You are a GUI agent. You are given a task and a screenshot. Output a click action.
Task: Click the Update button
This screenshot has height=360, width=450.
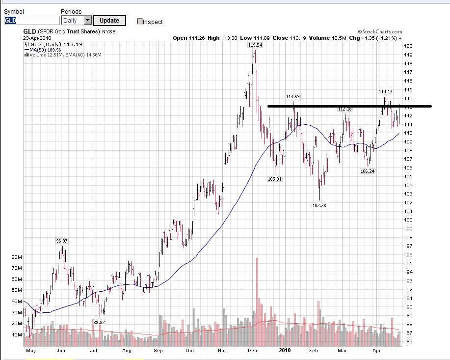(109, 21)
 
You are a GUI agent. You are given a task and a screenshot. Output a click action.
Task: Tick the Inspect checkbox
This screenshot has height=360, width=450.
(140, 22)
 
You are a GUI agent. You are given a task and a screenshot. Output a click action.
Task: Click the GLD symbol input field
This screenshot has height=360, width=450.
(31, 21)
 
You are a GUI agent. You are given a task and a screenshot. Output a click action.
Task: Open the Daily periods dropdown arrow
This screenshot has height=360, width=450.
(88, 21)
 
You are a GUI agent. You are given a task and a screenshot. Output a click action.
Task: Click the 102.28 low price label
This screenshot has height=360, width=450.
(319, 205)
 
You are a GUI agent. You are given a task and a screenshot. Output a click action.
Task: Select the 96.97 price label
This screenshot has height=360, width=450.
(62, 241)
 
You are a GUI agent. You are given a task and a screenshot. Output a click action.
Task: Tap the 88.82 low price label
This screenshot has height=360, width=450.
(99, 322)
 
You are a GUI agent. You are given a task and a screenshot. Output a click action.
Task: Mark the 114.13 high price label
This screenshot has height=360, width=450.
(385, 91)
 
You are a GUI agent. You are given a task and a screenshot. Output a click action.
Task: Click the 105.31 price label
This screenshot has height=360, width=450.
(274, 179)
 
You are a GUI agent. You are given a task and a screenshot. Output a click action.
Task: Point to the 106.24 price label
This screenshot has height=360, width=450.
(368, 171)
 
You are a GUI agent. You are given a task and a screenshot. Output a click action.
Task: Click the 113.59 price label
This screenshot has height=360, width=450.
(293, 96)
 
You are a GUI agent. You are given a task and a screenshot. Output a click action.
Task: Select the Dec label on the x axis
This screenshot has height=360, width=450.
(252, 351)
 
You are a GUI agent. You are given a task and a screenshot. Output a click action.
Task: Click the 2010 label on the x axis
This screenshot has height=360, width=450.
(285, 351)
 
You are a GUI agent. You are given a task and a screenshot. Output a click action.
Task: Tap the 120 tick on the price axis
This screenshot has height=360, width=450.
(408, 46)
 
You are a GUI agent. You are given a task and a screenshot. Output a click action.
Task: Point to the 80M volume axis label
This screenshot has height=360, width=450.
(16, 257)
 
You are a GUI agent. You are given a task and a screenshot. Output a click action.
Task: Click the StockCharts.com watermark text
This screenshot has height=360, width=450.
(380, 32)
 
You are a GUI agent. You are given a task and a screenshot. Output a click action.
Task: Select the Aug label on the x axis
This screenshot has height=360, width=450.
(127, 351)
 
